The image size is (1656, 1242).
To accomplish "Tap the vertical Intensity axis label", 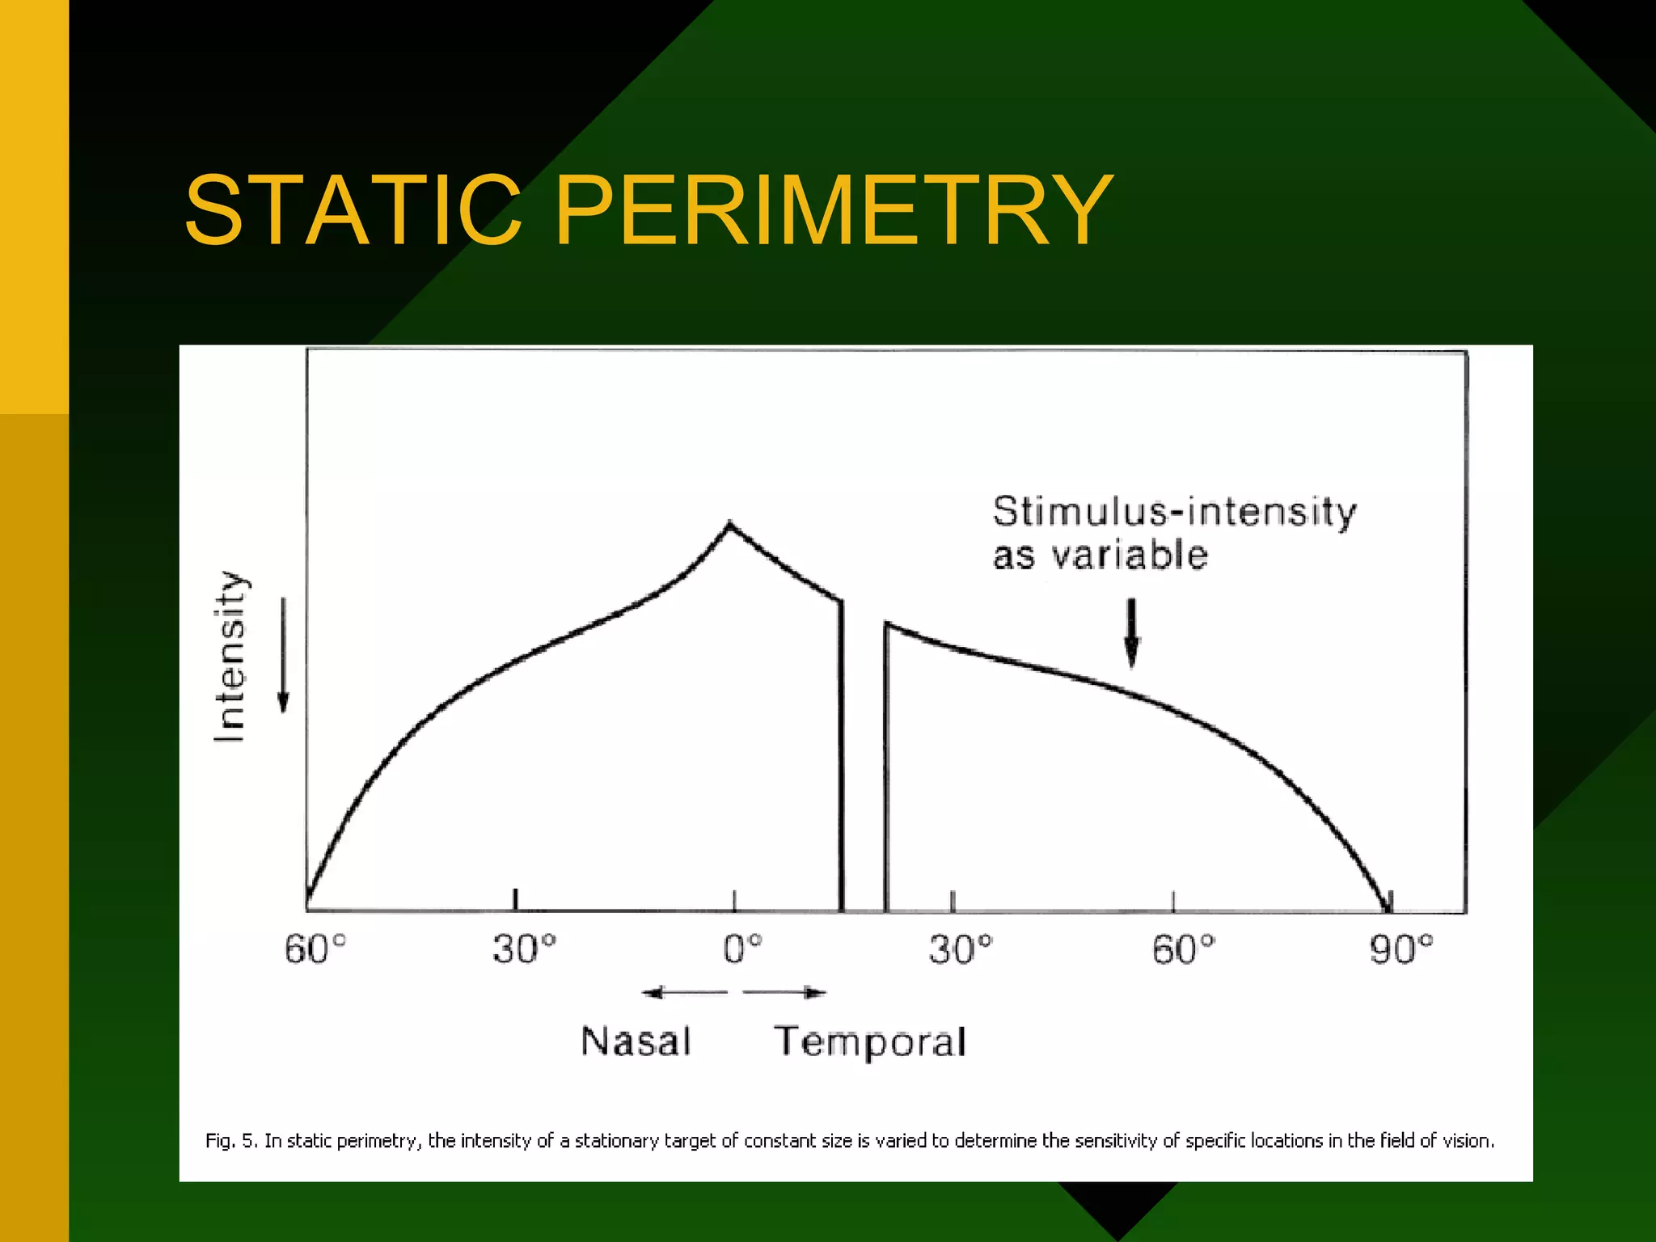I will click(230, 657).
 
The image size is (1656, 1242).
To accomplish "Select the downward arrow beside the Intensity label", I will click(283, 655).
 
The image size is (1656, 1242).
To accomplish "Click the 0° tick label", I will click(742, 949).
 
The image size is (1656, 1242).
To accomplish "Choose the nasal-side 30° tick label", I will click(524, 949).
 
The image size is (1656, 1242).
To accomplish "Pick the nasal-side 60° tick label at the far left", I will click(315, 949).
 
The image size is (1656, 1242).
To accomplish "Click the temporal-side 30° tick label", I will click(960, 949).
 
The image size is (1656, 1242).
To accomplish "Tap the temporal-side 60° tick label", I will click(1183, 949).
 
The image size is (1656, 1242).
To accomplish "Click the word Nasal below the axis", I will click(636, 1041).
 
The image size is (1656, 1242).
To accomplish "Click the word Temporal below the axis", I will click(870, 1041).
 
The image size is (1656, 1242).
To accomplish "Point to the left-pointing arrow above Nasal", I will click(683, 992).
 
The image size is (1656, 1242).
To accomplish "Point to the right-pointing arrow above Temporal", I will click(785, 992).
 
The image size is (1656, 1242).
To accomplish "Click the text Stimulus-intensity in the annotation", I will click(1174, 512).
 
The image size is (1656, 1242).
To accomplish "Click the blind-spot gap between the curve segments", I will click(864, 768).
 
